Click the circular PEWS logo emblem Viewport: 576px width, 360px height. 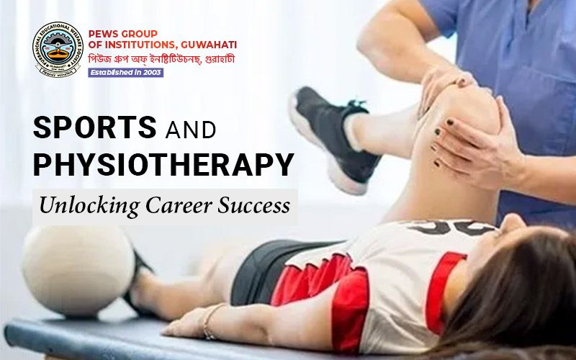point(58,50)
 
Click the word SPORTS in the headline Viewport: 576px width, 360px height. point(95,127)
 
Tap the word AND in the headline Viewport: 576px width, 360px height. point(191,130)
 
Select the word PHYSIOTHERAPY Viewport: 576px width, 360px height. point(163,164)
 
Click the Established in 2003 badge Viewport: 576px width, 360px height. point(125,72)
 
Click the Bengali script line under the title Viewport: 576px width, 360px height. point(161,58)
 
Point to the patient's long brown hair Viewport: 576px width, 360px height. point(518,295)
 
